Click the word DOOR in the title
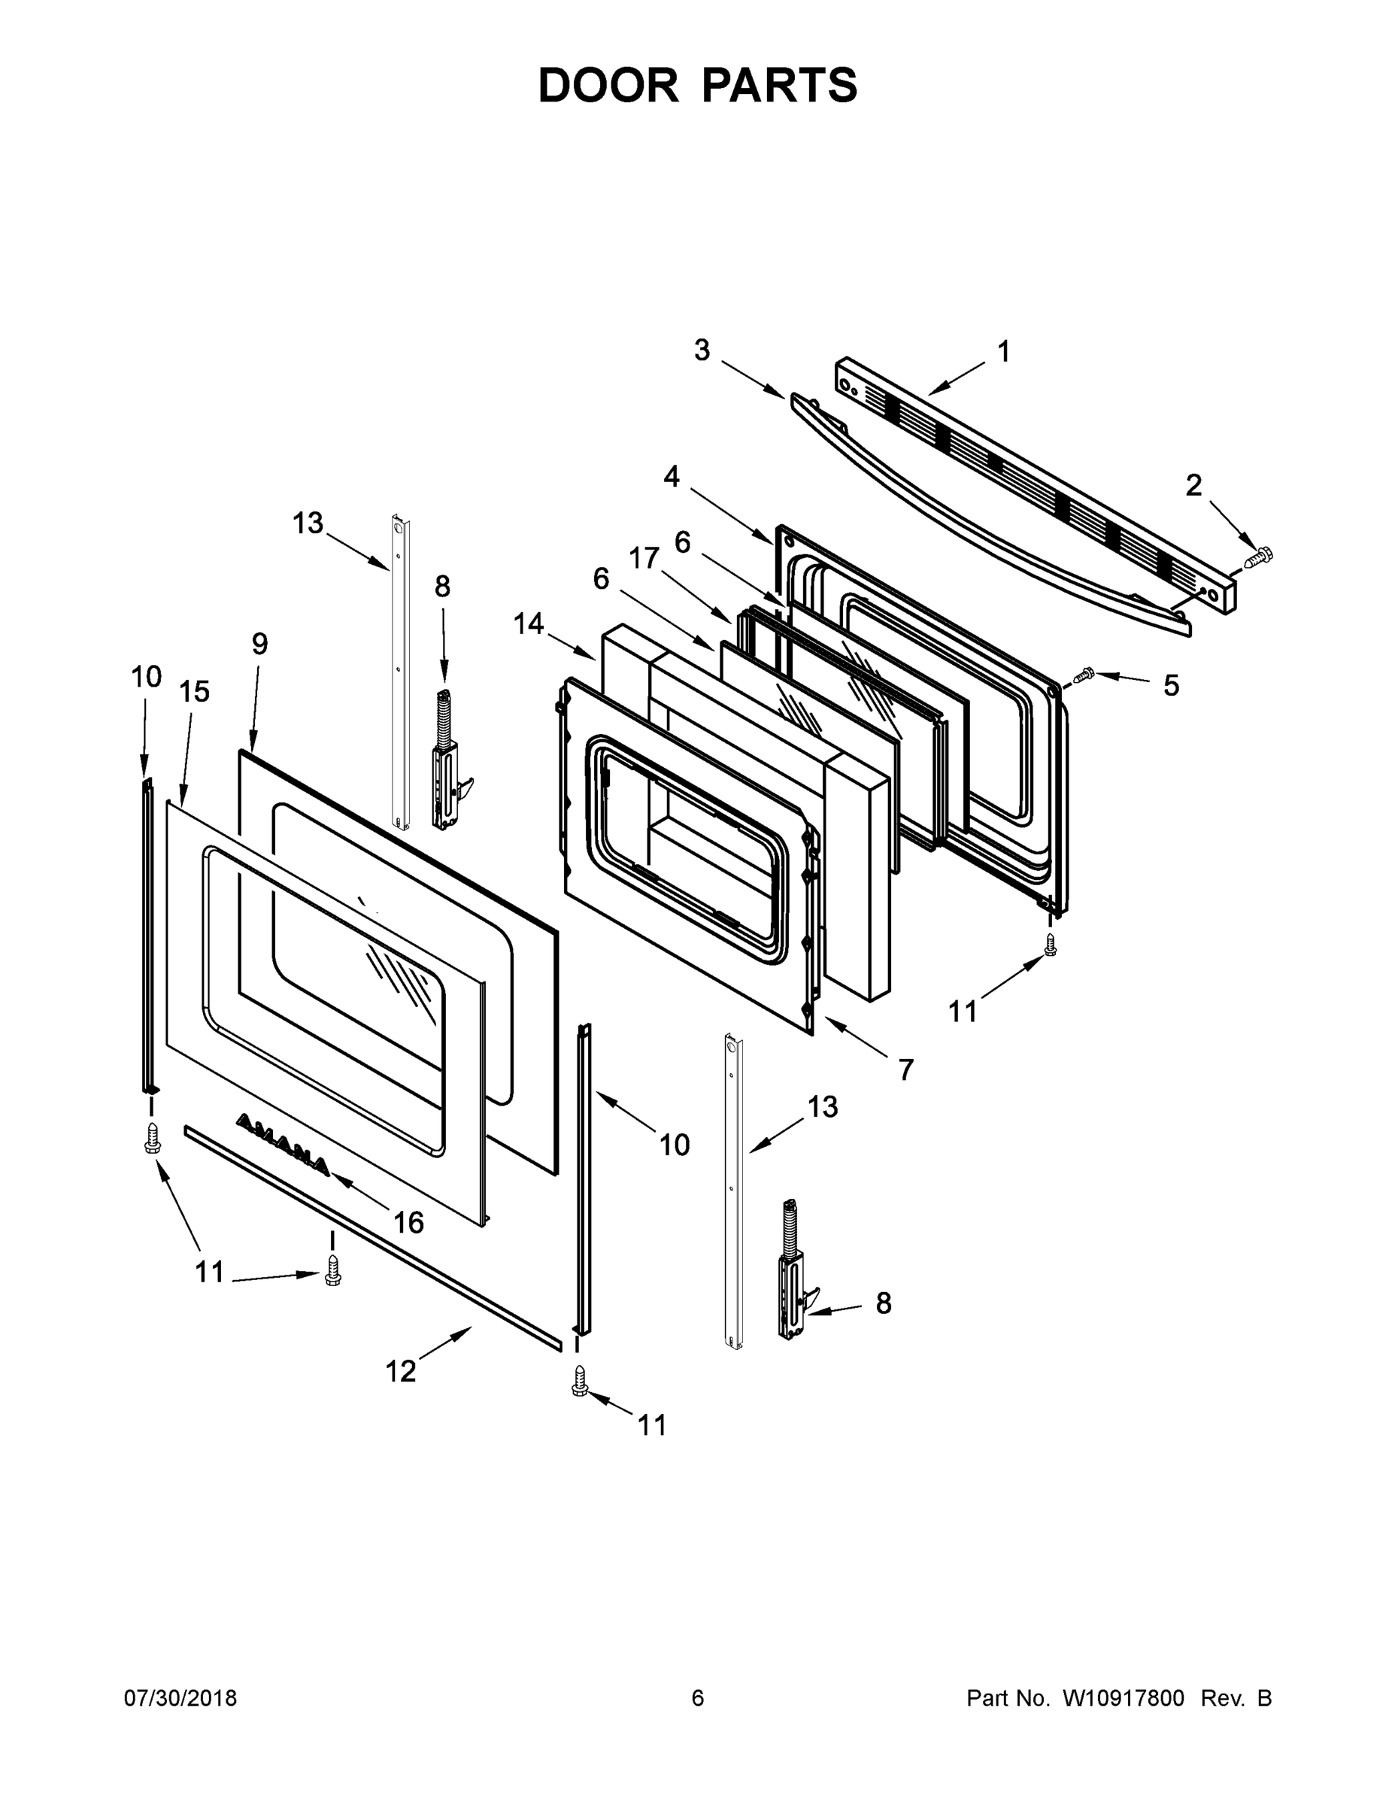(608, 86)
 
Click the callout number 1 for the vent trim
(1003, 352)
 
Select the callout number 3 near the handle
(702, 350)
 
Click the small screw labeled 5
(1083, 676)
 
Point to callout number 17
(644, 560)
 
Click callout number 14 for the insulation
(529, 623)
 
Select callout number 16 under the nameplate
(408, 1221)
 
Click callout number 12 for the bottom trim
(401, 1371)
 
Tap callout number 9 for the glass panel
(259, 644)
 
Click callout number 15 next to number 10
(195, 692)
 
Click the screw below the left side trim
(151, 1138)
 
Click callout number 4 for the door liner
(671, 477)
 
